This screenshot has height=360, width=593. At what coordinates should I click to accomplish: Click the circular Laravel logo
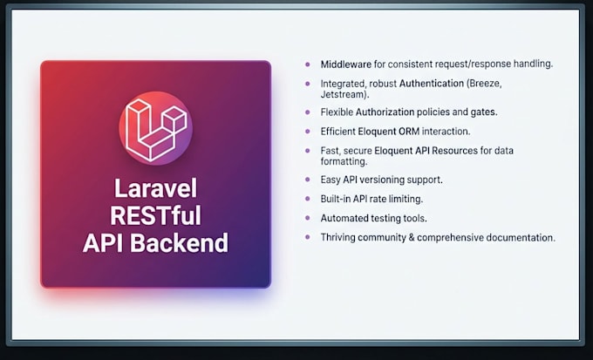click(x=155, y=128)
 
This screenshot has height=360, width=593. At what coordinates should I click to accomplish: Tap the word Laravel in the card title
click(x=155, y=188)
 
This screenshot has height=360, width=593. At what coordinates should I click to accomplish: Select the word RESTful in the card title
click(x=155, y=215)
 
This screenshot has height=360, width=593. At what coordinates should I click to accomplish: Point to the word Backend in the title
click(x=180, y=243)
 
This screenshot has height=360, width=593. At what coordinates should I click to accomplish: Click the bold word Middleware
click(x=346, y=65)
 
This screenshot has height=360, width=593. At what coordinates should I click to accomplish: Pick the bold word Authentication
click(x=432, y=83)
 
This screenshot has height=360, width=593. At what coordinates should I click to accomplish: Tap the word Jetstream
click(x=343, y=94)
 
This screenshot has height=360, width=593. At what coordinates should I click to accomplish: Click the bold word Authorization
click(x=385, y=112)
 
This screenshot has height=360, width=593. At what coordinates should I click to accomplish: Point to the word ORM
click(x=409, y=132)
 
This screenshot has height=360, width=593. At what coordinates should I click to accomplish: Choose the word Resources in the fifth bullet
click(x=455, y=151)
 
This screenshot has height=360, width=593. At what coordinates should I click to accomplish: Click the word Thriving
click(x=337, y=237)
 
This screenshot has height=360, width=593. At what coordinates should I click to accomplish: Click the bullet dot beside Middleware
click(x=308, y=65)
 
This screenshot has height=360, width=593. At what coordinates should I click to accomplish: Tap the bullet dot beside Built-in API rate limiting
click(x=308, y=199)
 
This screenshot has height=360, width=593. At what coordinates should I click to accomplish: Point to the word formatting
click(x=344, y=161)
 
